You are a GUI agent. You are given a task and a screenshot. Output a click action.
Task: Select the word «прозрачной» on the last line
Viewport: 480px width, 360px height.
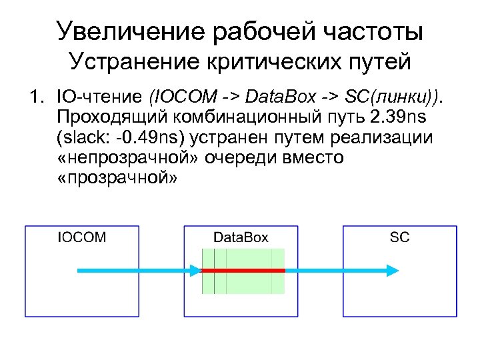click(116, 179)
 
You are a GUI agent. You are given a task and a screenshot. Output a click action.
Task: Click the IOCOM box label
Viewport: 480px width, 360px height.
click(82, 237)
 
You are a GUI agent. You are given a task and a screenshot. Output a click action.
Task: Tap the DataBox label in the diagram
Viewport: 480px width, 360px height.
click(241, 237)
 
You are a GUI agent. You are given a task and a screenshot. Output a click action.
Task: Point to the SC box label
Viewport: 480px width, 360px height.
click(400, 237)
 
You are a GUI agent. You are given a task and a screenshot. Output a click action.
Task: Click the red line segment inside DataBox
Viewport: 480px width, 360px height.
click(243, 270)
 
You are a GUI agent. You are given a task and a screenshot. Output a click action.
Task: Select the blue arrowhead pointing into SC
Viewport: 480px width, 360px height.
click(394, 270)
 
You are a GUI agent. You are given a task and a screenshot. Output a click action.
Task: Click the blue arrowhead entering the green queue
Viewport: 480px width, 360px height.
click(195, 270)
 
